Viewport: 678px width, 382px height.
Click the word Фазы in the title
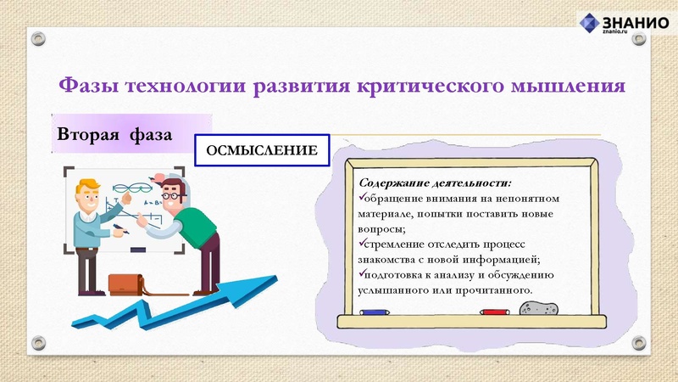tap(87, 86)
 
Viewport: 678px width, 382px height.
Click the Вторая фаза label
tap(114, 135)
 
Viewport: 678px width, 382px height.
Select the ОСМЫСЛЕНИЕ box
tap(262, 150)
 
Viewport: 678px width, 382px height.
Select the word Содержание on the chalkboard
tap(396, 183)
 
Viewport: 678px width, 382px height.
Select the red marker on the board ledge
tap(494, 312)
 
